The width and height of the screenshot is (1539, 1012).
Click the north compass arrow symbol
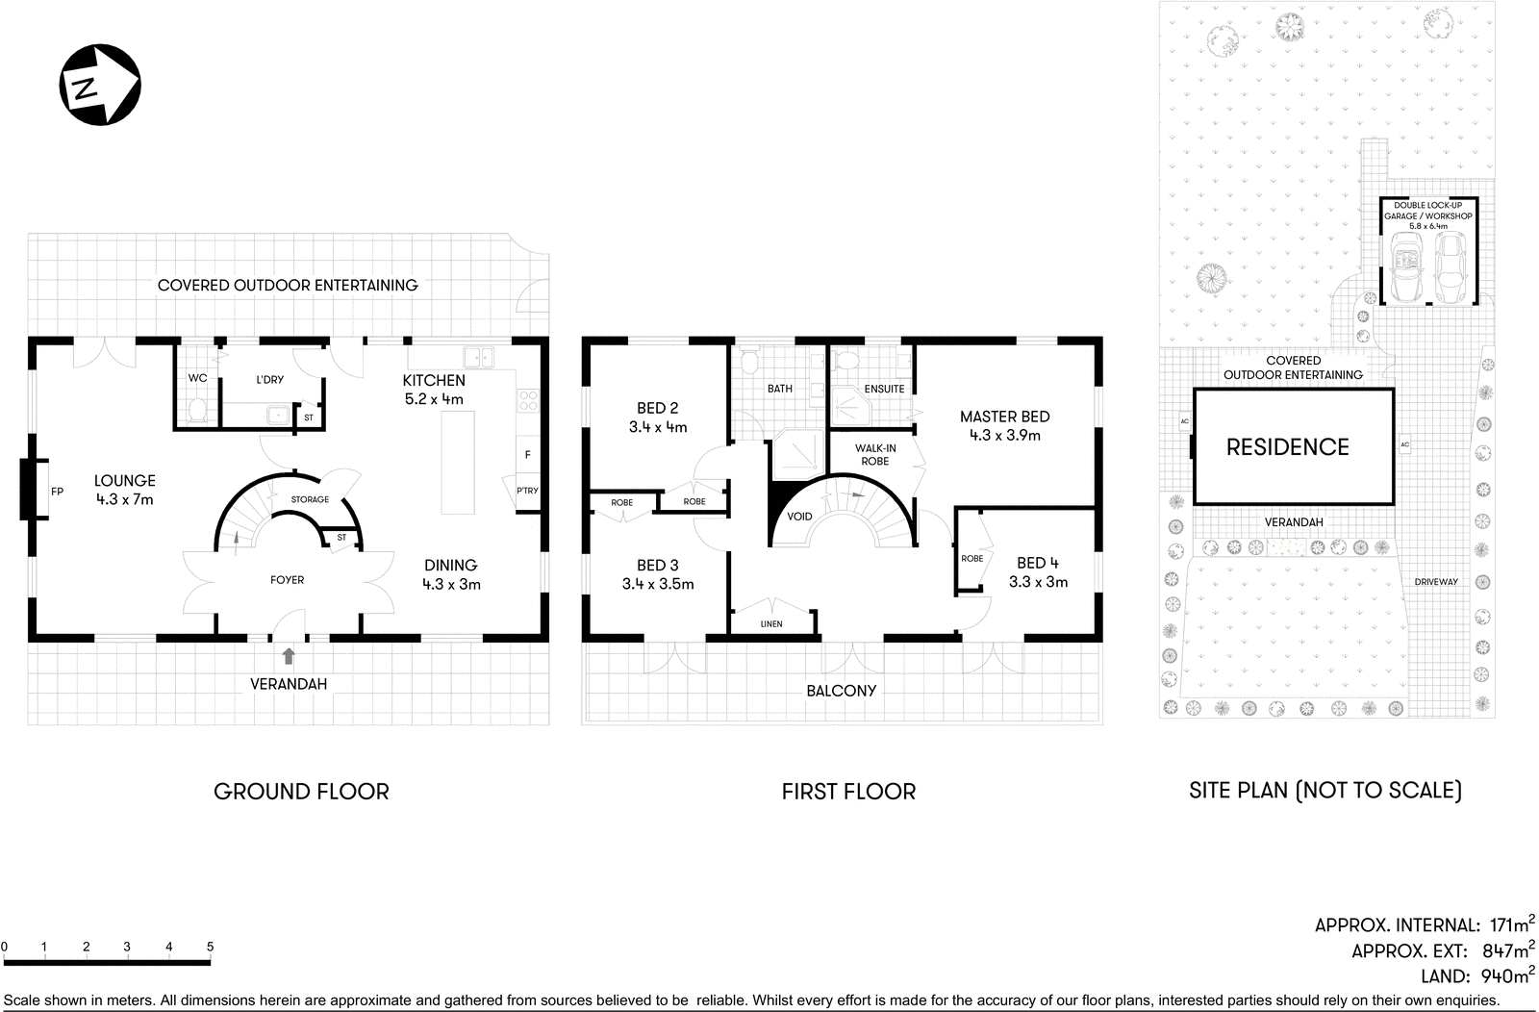100,84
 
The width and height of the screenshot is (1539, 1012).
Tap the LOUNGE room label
125,481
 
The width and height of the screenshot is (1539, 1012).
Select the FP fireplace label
57,492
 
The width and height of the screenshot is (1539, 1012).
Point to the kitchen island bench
459,462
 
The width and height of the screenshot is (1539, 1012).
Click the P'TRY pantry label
527,491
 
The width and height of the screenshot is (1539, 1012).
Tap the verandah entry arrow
289,656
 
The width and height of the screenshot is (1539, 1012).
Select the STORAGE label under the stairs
310,499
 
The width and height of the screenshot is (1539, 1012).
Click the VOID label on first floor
799,517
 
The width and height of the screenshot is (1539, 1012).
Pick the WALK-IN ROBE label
875,454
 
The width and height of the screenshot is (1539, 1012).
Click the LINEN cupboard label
771,624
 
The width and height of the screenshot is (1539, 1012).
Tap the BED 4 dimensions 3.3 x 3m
1038,582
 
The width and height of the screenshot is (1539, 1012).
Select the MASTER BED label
1004,417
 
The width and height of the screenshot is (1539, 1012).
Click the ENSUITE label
884,389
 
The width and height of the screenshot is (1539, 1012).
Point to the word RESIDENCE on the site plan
1287,446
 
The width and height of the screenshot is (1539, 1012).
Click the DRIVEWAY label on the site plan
1436,582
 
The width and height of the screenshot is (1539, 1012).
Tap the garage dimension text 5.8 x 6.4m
1427,227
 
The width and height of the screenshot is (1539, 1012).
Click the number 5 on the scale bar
210,948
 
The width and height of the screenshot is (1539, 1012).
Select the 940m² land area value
1504,975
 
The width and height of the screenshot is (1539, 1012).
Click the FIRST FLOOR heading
847,792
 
